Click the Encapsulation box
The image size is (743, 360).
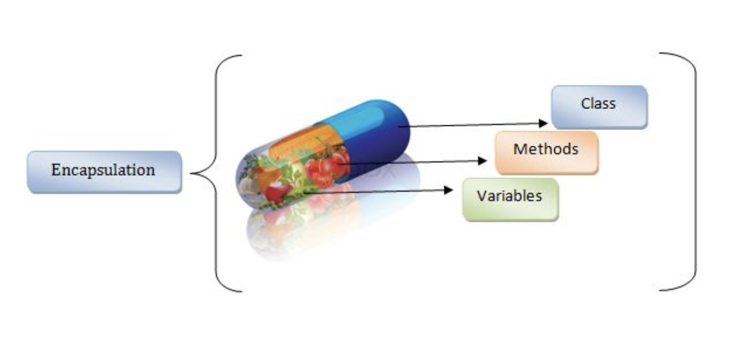pos(104,171)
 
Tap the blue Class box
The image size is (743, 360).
pos(599,107)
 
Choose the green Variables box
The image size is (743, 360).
pos(510,199)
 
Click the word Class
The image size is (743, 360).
pos(598,104)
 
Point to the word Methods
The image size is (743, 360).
pos(546,149)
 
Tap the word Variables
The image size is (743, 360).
pos(510,196)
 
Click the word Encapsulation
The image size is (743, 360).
pos(103,170)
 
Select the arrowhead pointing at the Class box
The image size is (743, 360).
pos(543,123)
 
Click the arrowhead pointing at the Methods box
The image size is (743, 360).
pos(482,161)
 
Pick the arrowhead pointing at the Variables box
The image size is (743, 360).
pos(449,190)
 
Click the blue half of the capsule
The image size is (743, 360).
pos(378,134)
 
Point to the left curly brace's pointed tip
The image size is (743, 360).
pos(192,173)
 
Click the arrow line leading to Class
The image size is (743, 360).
pos(472,125)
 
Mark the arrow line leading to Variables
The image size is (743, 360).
pos(378,191)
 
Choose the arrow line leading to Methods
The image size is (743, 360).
pos(413,163)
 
